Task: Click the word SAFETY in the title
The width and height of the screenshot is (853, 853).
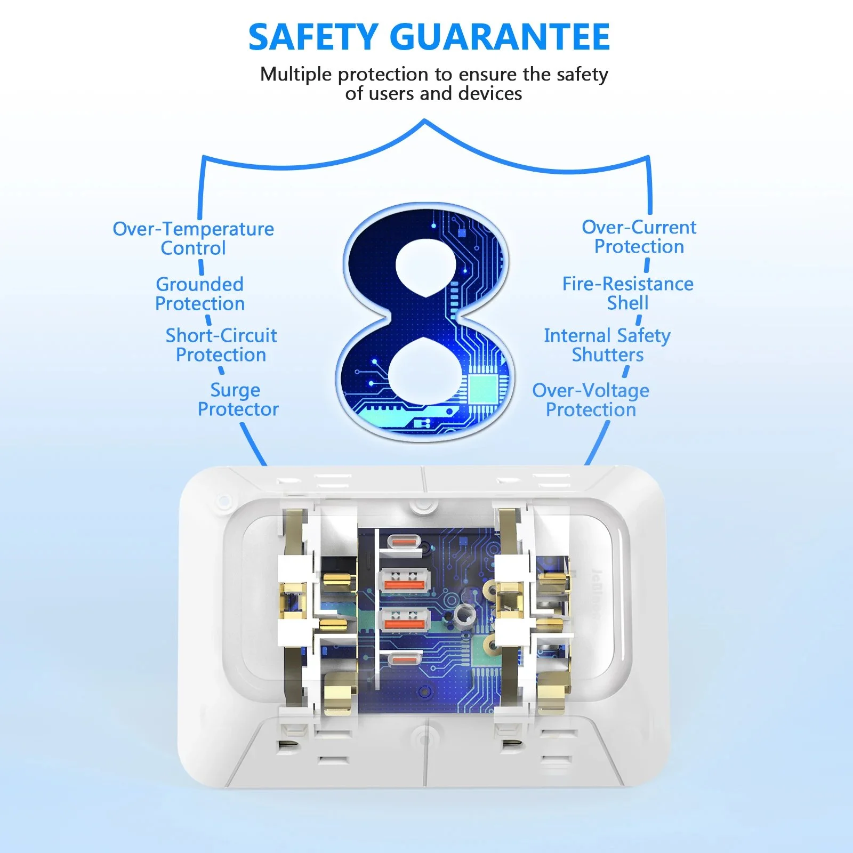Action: click(313, 37)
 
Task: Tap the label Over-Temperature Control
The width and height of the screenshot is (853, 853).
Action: click(193, 238)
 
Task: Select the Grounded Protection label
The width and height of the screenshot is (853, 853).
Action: click(200, 294)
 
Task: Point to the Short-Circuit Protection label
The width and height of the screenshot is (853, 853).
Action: click(221, 345)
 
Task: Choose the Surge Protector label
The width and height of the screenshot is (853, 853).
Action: click(238, 399)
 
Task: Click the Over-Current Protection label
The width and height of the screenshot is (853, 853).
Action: click(639, 237)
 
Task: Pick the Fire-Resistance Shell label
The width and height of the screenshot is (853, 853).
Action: click(627, 293)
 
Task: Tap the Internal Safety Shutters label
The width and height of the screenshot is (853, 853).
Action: click(607, 345)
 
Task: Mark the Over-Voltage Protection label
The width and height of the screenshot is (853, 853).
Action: click(591, 400)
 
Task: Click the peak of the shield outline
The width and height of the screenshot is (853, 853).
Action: click(425, 121)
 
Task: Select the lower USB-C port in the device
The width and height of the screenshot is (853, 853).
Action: click(404, 659)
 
